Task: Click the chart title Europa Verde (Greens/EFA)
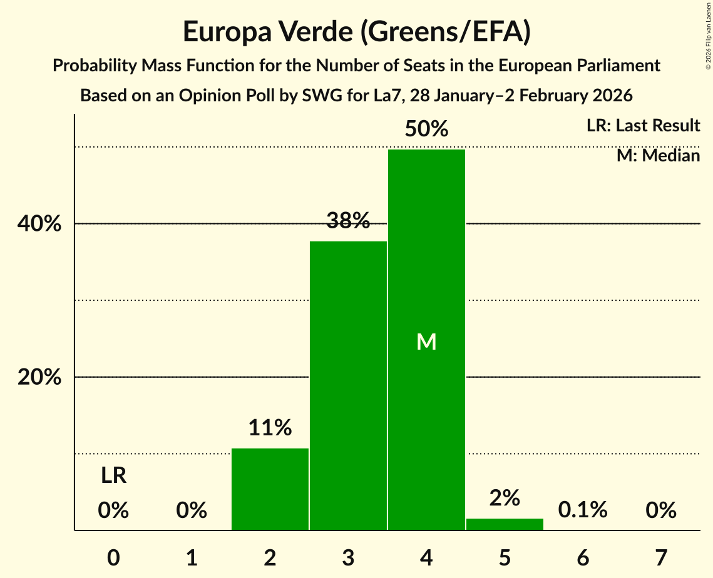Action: (356, 32)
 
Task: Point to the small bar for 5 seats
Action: (505, 524)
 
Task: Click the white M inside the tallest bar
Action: (426, 342)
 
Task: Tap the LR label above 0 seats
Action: (113, 476)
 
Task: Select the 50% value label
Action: (426, 129)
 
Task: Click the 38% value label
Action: (348, 220)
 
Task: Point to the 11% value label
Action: (270, 428)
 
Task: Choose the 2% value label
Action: (505, 498)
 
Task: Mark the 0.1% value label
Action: (583, 510)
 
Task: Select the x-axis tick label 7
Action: (661, 557)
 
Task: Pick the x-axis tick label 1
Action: (192, 557)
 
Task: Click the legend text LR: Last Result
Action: (643, 126)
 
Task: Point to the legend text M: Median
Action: (658, 155)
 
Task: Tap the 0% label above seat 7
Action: (661, 510)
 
